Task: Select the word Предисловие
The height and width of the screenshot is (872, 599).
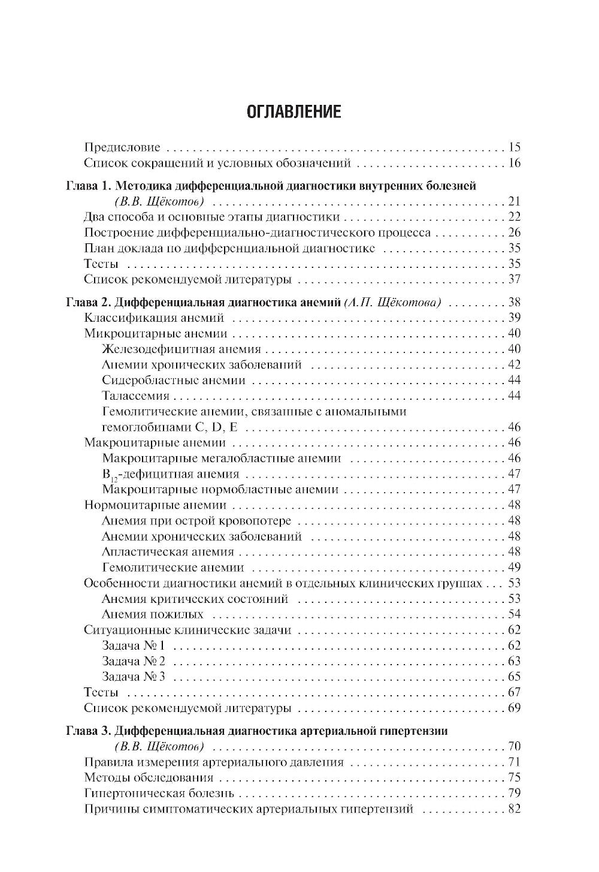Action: click(122, 147)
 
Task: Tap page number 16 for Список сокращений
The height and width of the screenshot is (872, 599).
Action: click(514, 163)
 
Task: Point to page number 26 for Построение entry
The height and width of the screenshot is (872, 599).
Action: click(514, 233)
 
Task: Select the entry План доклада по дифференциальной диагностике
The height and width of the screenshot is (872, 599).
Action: click(229, 248)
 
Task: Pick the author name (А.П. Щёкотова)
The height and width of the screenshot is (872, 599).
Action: click(393, 303)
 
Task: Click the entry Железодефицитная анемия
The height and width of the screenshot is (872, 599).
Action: click(181, 349)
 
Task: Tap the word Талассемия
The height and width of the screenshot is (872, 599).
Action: click(135, 396)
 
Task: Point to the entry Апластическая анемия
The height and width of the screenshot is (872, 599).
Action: click(168, 552)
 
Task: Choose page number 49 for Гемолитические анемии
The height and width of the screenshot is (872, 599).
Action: click(514, 568)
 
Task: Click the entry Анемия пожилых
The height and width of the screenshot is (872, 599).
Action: click(153, 614)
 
